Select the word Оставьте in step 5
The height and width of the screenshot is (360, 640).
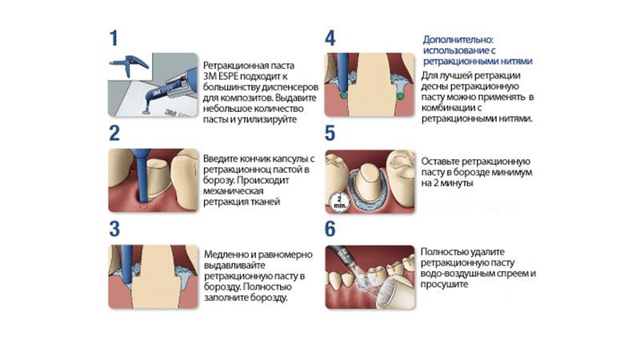click(x=442, y=159)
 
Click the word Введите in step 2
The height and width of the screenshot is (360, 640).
click(x=222, y=158)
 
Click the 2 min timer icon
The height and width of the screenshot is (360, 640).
click(x=340, y=200)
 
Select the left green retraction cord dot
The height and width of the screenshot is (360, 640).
click(x=343, y=96)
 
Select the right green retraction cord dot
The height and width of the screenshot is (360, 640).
click(x=399, y=96)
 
